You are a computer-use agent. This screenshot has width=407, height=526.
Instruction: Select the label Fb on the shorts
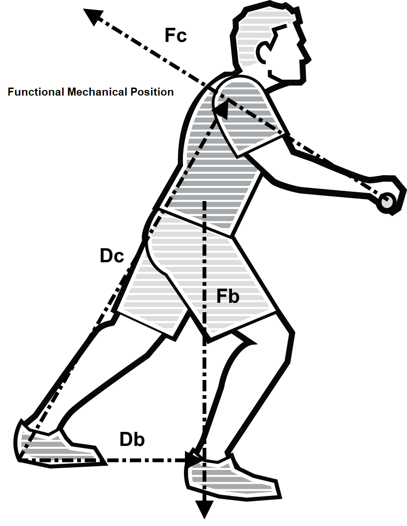point(228,297)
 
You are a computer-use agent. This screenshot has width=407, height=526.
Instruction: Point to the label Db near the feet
point(132,439)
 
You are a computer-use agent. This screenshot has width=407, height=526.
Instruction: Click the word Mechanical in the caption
point(96,92)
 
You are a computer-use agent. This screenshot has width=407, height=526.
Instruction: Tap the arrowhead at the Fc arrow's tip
point(93,16)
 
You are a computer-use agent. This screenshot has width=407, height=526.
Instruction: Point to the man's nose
point(308,55)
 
